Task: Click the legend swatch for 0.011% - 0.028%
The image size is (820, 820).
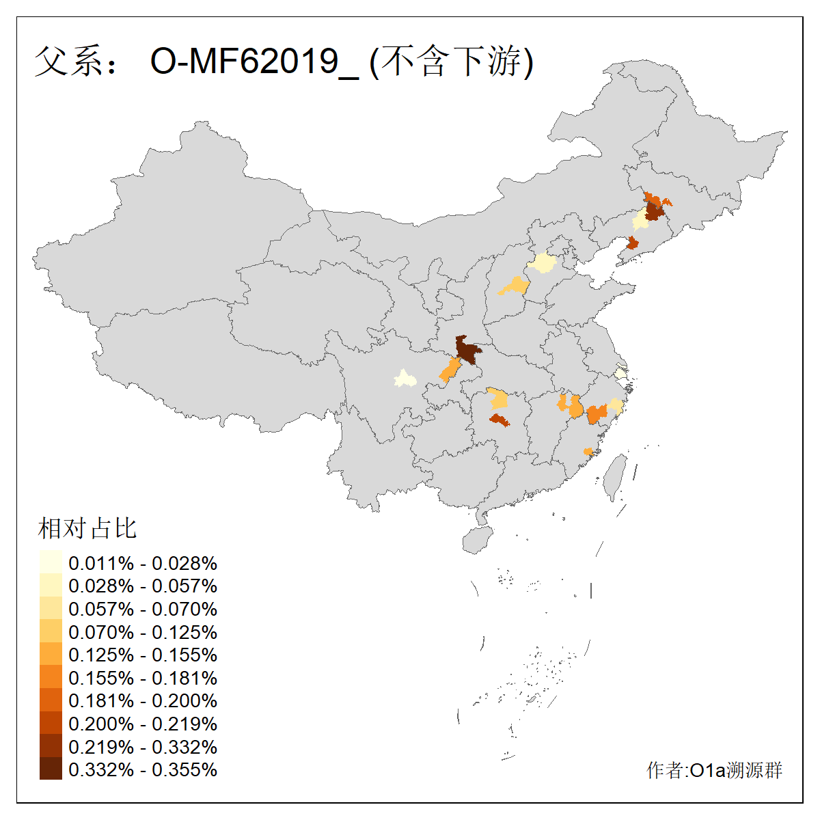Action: pos(51,562)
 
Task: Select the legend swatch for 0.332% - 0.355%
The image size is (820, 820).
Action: pos(51,769)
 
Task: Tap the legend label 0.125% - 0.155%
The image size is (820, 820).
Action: pos(143,655)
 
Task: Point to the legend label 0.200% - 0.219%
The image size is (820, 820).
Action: pos(143,724)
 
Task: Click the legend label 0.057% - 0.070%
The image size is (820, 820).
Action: pos(143,609)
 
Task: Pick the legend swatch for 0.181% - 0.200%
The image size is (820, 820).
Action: pos(51,700)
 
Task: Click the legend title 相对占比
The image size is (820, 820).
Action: pos(87,528)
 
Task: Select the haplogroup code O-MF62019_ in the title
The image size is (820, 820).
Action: pos(254,61)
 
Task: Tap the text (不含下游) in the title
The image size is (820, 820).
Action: pos(451,61)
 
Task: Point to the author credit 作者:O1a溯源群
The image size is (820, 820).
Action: pos(714,770)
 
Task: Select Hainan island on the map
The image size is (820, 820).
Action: pos(477,540)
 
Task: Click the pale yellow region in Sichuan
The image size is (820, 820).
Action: pos(405,379)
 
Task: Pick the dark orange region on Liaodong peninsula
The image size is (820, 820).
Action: pos(633,243)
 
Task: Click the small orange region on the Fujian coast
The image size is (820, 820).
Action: pos(588,452)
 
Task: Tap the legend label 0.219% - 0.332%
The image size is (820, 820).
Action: pos(143,746)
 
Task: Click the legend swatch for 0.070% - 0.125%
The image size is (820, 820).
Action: pos(51,631)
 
